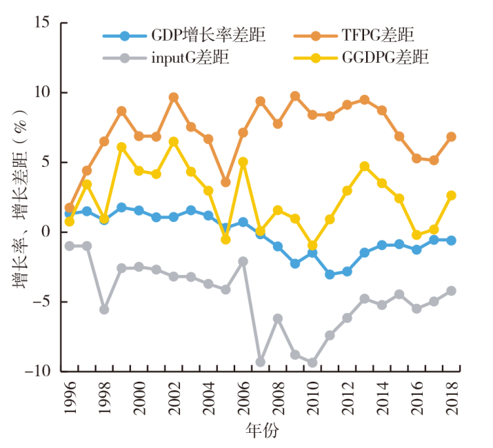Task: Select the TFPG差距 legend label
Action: tap(376, 35)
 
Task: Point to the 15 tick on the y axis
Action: tap(41, 23)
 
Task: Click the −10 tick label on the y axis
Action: tap(37, 371)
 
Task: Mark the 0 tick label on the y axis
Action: tap(46, 232)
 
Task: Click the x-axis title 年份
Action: tap(262, 431)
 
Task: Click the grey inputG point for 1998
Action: tap(104, 309)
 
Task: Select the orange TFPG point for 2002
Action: tap(174, 97)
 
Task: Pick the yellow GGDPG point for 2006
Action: tap(243, 162)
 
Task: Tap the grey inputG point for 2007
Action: tap(260, 362)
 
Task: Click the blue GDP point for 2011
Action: tap(330, 274)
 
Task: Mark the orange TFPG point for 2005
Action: tap(225, 183)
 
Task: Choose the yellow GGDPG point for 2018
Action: tap(451, 195)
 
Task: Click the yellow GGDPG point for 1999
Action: tap(121, 147)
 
